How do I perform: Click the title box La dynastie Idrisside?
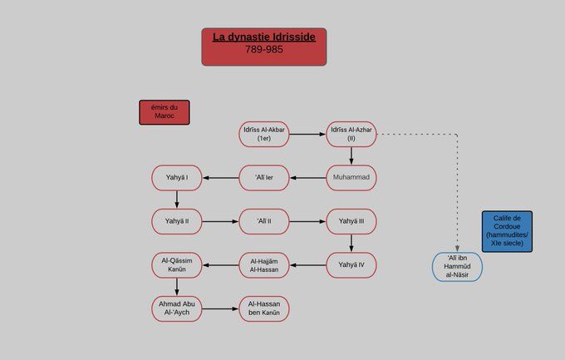click(x=263, y=37)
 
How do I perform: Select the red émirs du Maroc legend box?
click(x=164, y=112)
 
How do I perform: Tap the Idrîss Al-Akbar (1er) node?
click(x=264, y=134)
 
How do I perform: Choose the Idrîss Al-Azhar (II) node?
click(x=351, y=134)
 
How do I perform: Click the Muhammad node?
click(x=351, y=178)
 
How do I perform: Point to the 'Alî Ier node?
click(x=264, y=178)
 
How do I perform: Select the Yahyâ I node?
click(x=176, y=178)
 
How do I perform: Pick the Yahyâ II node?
click(x=176, y=221)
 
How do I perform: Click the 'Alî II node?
click(x=264, y=221)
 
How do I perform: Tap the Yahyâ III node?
click(x=351, y=221)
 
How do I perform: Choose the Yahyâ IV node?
click(x=351, y=264)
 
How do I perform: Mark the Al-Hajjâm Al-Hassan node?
click(x=264, y=265)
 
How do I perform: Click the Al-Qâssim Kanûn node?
click(x=176, y=265)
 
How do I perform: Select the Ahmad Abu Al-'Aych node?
click(x=176, y=308)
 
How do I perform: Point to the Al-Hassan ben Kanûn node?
click(x=264, y=308)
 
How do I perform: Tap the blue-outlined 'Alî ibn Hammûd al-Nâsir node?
click(x=457, y=266)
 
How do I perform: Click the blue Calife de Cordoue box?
click(x=507, y=231)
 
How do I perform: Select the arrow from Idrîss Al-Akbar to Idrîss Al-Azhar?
click(x=307, y=134)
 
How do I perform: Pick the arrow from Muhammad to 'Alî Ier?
click(x=307, y=178)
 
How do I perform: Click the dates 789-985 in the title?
click(x=263, y=49)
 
